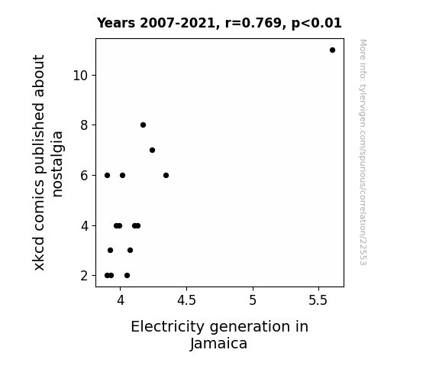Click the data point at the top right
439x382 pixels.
click(332, 50)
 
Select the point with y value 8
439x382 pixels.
click(143, 125)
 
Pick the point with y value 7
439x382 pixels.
click(152, 151)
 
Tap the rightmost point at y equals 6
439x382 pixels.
click(166, 176)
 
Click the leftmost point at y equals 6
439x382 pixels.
click(107, 176)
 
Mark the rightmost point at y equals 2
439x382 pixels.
click(127, 276)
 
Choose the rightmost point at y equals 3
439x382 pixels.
click(131, 251)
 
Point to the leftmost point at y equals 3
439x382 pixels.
click(110, 251)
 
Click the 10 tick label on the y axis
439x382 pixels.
click(80, 76)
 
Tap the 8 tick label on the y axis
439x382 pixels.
click(84, 125)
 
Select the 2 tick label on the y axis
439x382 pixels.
click(84, 276)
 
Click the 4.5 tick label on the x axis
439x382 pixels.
click(186, 300)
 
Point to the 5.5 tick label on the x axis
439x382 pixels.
click(318, 300)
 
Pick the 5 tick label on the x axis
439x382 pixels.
click(253, 300)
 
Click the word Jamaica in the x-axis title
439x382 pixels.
click(218, 344)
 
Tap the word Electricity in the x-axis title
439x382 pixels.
click(167, 327)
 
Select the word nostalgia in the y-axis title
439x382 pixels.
click(57, 164)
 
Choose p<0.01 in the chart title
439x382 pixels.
click(317, 24)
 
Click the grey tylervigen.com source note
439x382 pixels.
click(363, 152)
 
